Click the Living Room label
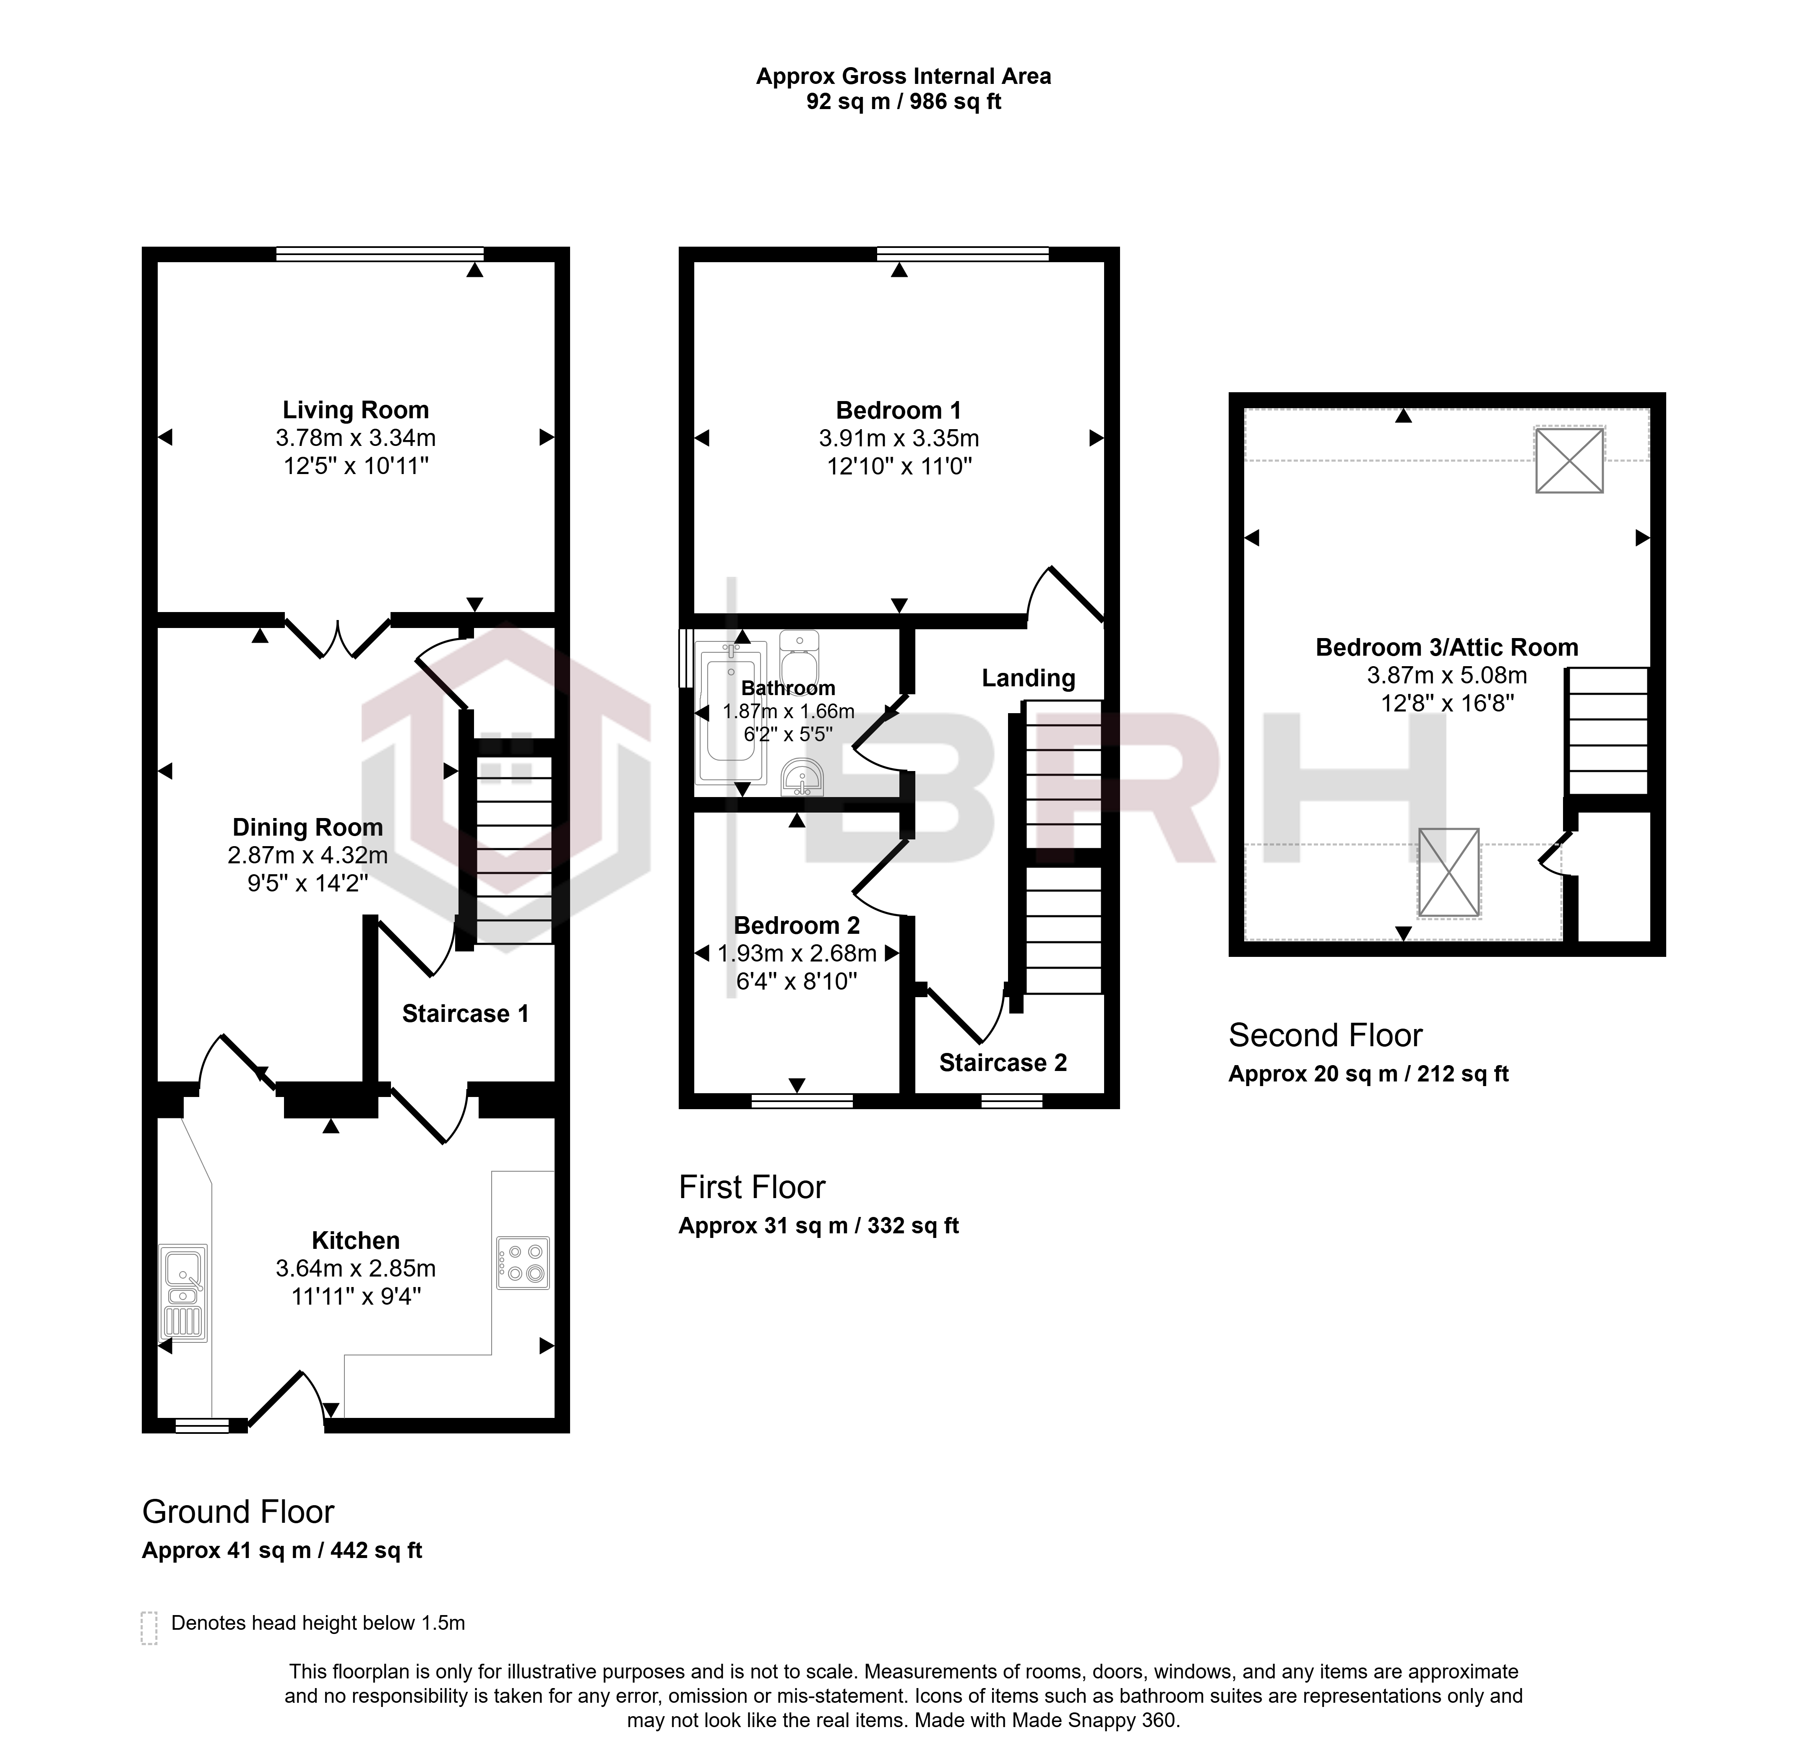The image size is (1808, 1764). tap(356, 409)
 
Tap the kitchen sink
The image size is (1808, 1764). tap(184, 1292)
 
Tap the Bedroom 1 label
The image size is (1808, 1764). tap(899, 409)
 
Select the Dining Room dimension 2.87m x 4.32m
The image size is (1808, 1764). tap(307, 855)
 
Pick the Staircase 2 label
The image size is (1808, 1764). tap(1003, 1063)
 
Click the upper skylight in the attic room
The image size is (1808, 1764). tap(1569, 459)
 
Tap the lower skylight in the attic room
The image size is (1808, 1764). tap(1448, 873)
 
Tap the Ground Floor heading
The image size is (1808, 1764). tap(238, 1512)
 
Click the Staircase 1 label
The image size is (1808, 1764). tap(465, 1014)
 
